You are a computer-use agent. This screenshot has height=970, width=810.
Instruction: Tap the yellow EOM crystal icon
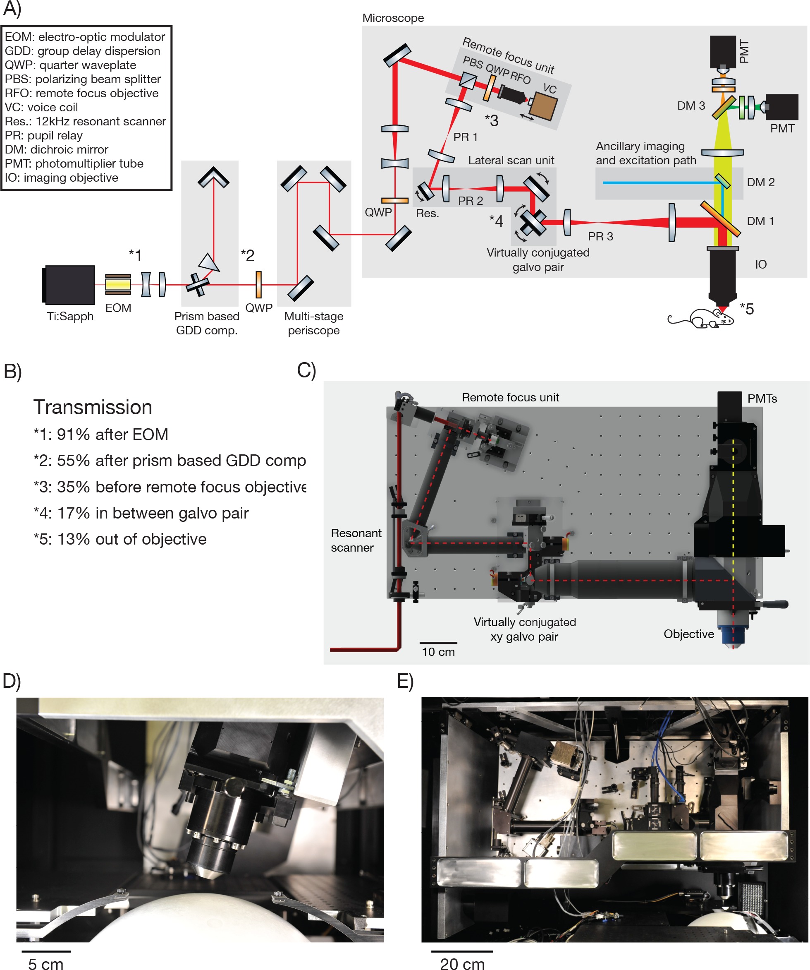coord(118,285)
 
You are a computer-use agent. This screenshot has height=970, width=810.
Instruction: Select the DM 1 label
coord(760,221)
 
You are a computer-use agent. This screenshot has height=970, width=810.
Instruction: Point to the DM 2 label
coord(760,182)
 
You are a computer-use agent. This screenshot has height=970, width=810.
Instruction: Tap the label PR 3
coord(600,236)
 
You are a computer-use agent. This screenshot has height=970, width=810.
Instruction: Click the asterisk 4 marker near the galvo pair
coord(497,221)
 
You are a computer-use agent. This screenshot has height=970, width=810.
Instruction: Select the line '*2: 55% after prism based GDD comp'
coord(170,461)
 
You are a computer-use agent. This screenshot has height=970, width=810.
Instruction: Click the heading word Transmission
coord(92,407)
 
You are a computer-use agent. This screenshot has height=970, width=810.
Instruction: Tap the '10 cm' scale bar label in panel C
coord(438,652)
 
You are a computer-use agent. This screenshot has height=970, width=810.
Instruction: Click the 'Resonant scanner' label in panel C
coord(356,540)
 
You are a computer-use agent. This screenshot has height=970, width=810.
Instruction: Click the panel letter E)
coord(405,681)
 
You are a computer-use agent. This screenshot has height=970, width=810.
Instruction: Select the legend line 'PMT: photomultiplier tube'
coord(74,163)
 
